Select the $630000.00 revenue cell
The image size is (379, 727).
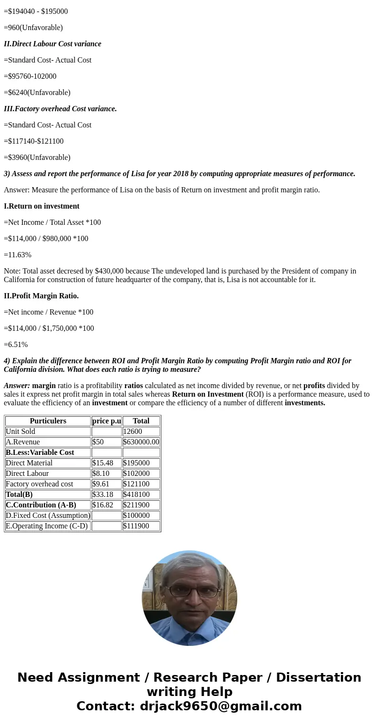coord(141,442)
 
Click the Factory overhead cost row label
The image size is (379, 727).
coord(40,484)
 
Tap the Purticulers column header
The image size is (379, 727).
coord(48,421)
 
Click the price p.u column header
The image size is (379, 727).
coord(106,421)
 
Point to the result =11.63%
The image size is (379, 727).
coord(18,255)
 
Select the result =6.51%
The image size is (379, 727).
coord(16,345)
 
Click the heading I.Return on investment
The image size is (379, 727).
coord(42,206)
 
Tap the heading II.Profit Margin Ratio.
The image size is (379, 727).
coord(41,296)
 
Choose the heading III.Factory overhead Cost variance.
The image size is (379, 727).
coord(60,109)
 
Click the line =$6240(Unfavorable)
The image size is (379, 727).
coord(37,93)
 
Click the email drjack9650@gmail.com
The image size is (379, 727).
coord(221,706)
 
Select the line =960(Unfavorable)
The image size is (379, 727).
coord(33,28)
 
